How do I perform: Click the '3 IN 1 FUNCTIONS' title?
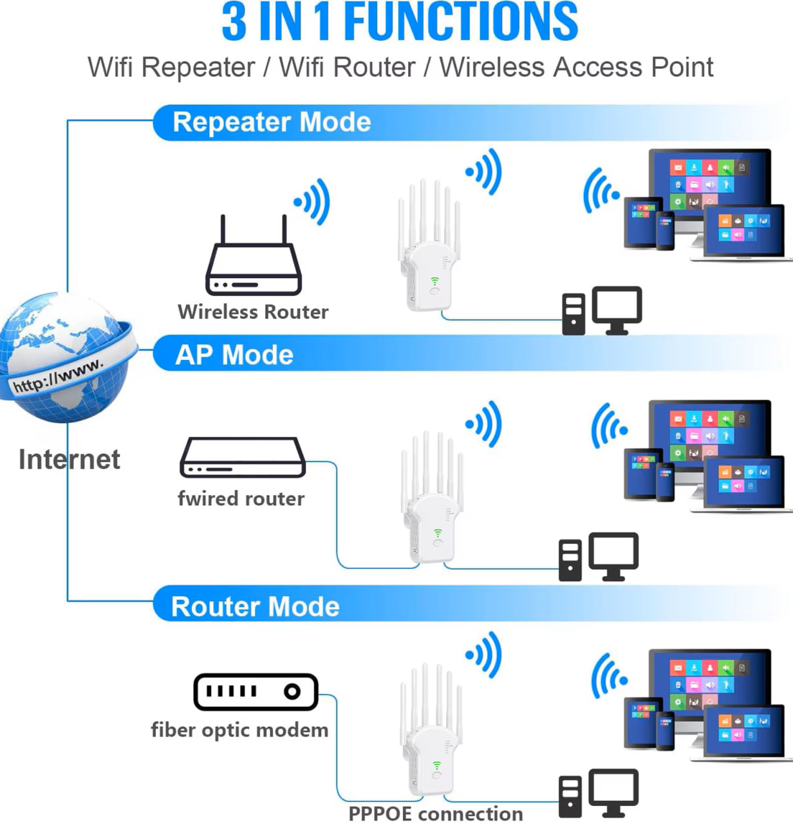point(400,22)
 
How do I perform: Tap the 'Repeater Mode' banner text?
point(272,122)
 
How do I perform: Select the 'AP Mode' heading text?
point(234,355)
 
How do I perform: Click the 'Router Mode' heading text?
point(255,606)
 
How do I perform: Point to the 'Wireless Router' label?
point(253,312)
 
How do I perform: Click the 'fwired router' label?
point(241,498)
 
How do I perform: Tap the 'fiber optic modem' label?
point(239,730)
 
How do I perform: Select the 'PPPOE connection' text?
point(435,814)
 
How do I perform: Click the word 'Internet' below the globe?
point(69,460)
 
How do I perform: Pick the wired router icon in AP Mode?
point(243,458)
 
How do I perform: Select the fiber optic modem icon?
point(256,692)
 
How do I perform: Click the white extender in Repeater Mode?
point(430,251)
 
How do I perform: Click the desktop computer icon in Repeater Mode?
point(602,311)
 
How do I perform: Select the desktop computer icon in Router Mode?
point(598,793)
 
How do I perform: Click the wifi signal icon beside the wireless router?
point(313,201)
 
